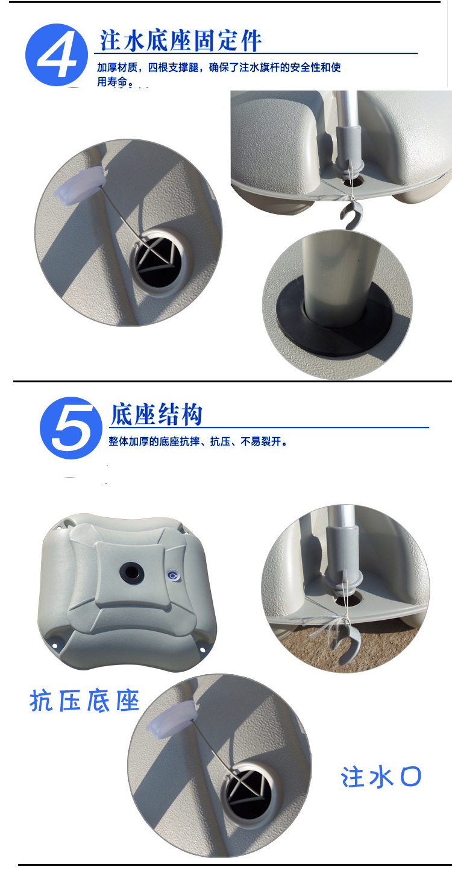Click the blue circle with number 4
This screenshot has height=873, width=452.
tap(57, 54)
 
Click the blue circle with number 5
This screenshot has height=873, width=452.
tap(71, 427)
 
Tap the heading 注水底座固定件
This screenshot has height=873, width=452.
tap(180, 40)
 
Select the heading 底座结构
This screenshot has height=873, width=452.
tap(156, 414)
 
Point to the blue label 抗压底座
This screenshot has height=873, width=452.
tap(84, 701)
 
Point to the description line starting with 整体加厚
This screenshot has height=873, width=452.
tap(198, 441)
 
